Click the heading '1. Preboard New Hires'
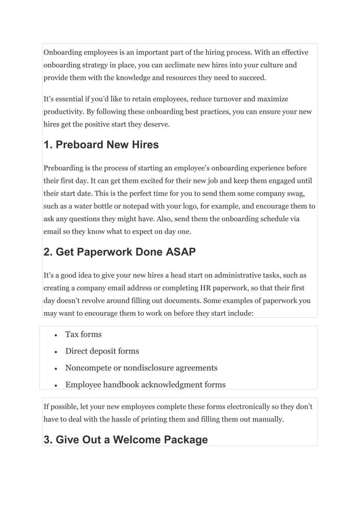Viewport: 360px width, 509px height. [x=101, y=144]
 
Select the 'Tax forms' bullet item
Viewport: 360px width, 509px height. [x=83, y=335]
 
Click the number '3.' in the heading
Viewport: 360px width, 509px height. [x=49, y=440]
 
